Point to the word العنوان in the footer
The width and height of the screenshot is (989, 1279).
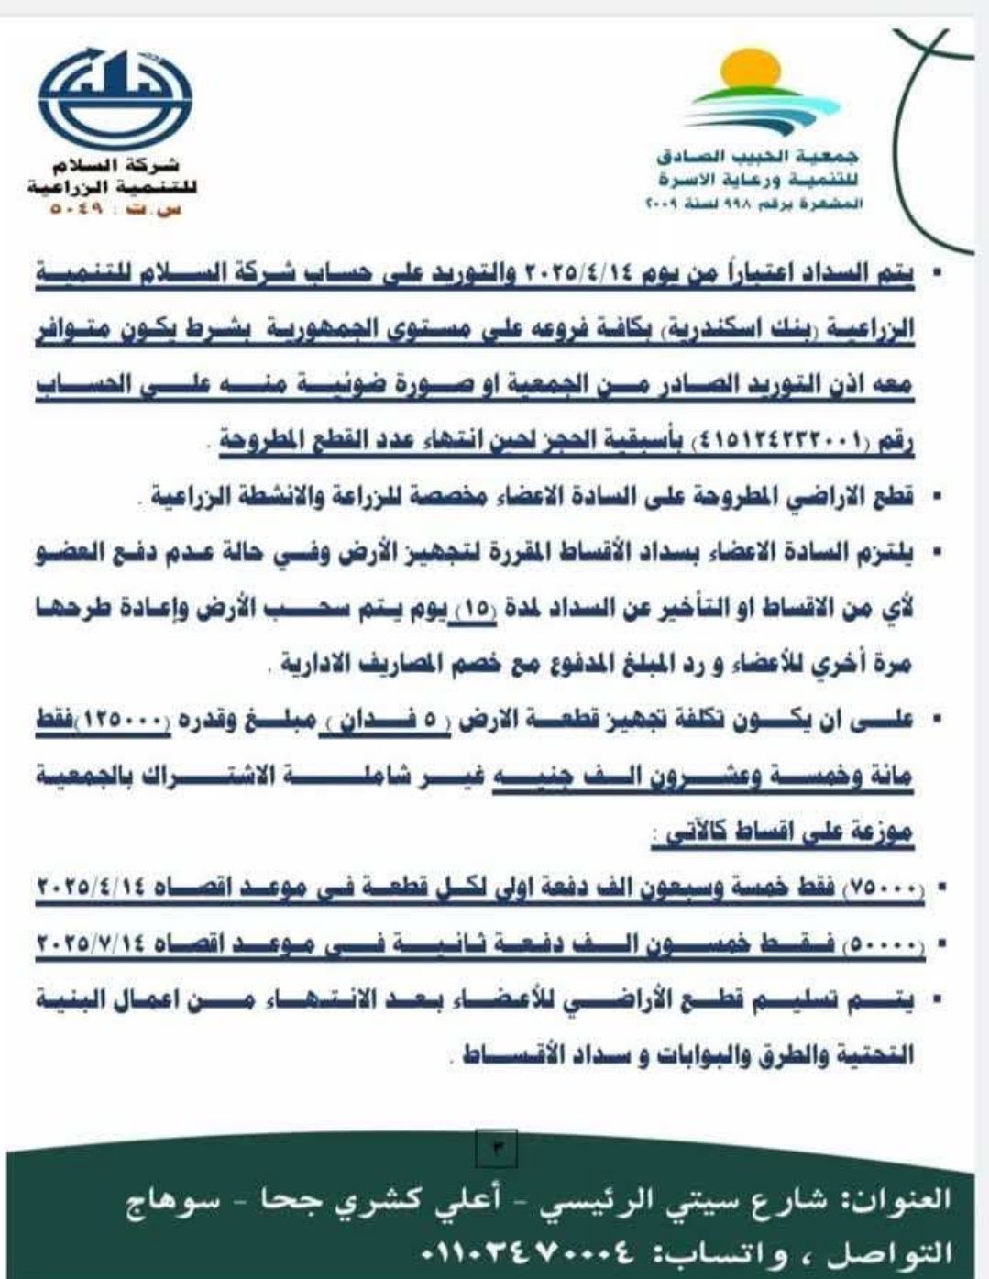click(x=907, y=1200)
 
